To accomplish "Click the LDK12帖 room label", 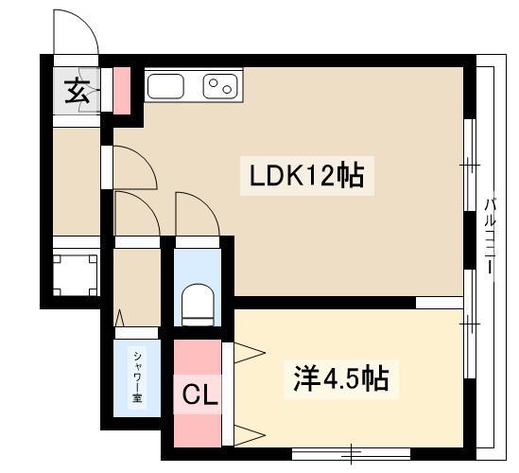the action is pos(306,176).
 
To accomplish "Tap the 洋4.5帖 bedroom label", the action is pos(341,378).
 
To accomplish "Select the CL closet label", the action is pos(200,394).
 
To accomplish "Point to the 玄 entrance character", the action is pos(78,91).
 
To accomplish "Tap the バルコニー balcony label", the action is pos(491,236).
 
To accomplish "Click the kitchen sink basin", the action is pos(165,86).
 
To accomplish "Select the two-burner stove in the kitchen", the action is pos(220,86).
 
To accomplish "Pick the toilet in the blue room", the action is pos(198,305).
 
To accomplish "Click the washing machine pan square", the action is pos(76,275).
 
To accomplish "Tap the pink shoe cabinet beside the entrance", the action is pos(121,91).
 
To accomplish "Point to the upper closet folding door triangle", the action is pos(250,353).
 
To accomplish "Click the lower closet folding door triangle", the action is pos(250,435).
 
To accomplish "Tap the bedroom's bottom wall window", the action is pos(351,454).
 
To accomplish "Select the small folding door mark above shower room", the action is pos(119,318).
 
